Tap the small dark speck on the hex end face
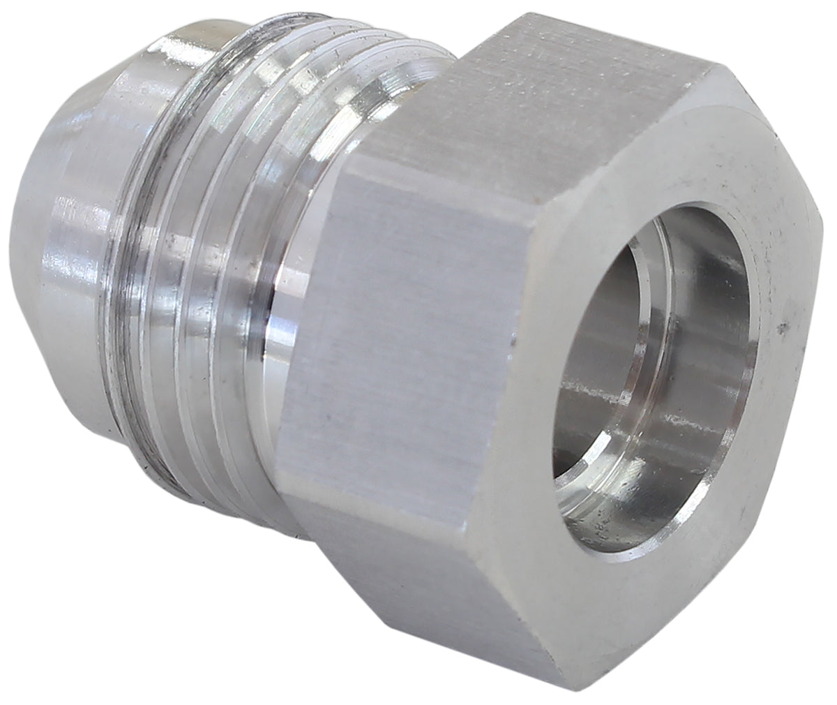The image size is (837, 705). pyautogui.click(x=785, y=325)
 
